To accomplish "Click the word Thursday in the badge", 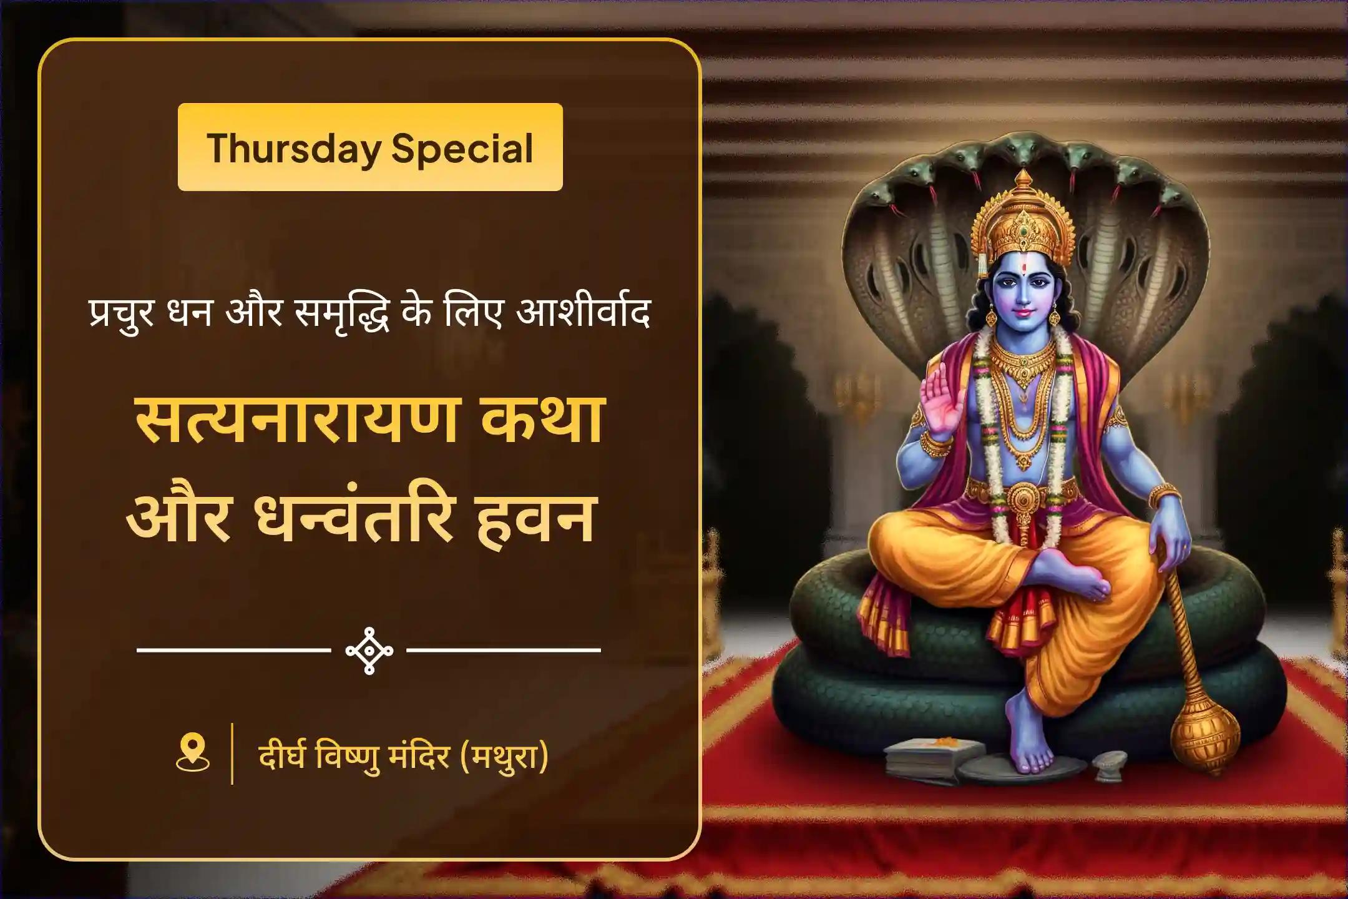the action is [294, 149].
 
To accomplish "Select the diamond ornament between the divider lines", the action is [369, 651].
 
